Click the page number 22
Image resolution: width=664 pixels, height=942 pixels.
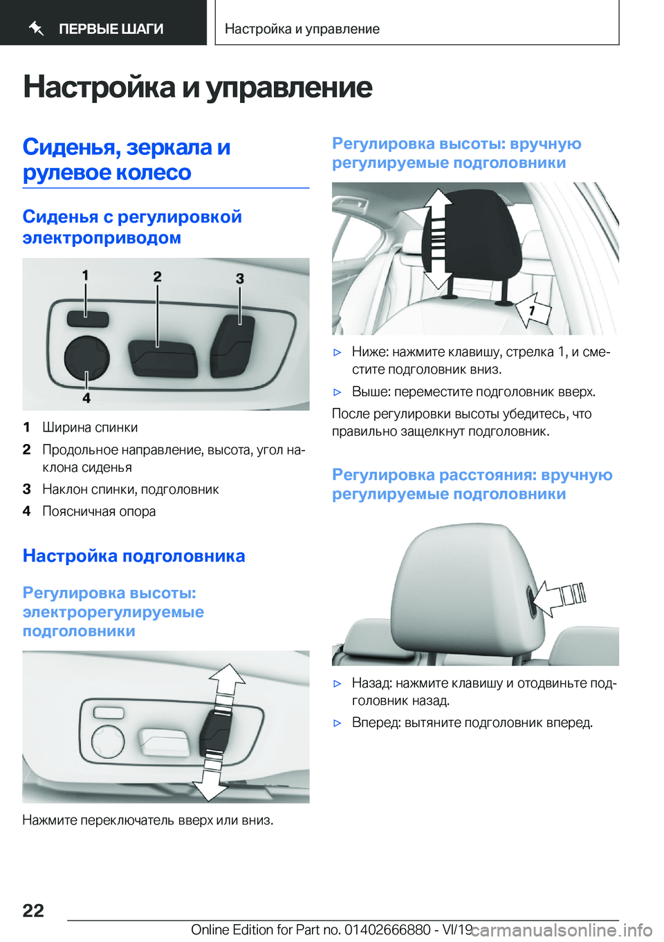[33, 910]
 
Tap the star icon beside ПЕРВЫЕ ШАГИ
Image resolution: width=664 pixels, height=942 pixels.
[37, 28]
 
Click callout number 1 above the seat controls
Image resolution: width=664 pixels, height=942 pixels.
[85, 275]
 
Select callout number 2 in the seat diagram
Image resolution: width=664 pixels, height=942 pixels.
[158, 277]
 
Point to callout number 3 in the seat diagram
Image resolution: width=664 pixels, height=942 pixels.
[240, 279]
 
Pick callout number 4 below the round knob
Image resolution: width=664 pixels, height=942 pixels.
[86, 398]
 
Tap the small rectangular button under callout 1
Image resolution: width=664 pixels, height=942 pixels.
[88, 319]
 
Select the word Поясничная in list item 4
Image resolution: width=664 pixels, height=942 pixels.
[77, 511]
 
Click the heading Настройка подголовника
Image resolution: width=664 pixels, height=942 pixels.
[133, 556]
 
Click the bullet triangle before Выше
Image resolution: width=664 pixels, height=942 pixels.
[338, 392]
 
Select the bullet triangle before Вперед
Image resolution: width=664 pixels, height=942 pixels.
[338, 723]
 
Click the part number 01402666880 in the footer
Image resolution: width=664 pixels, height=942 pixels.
[387, 930]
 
